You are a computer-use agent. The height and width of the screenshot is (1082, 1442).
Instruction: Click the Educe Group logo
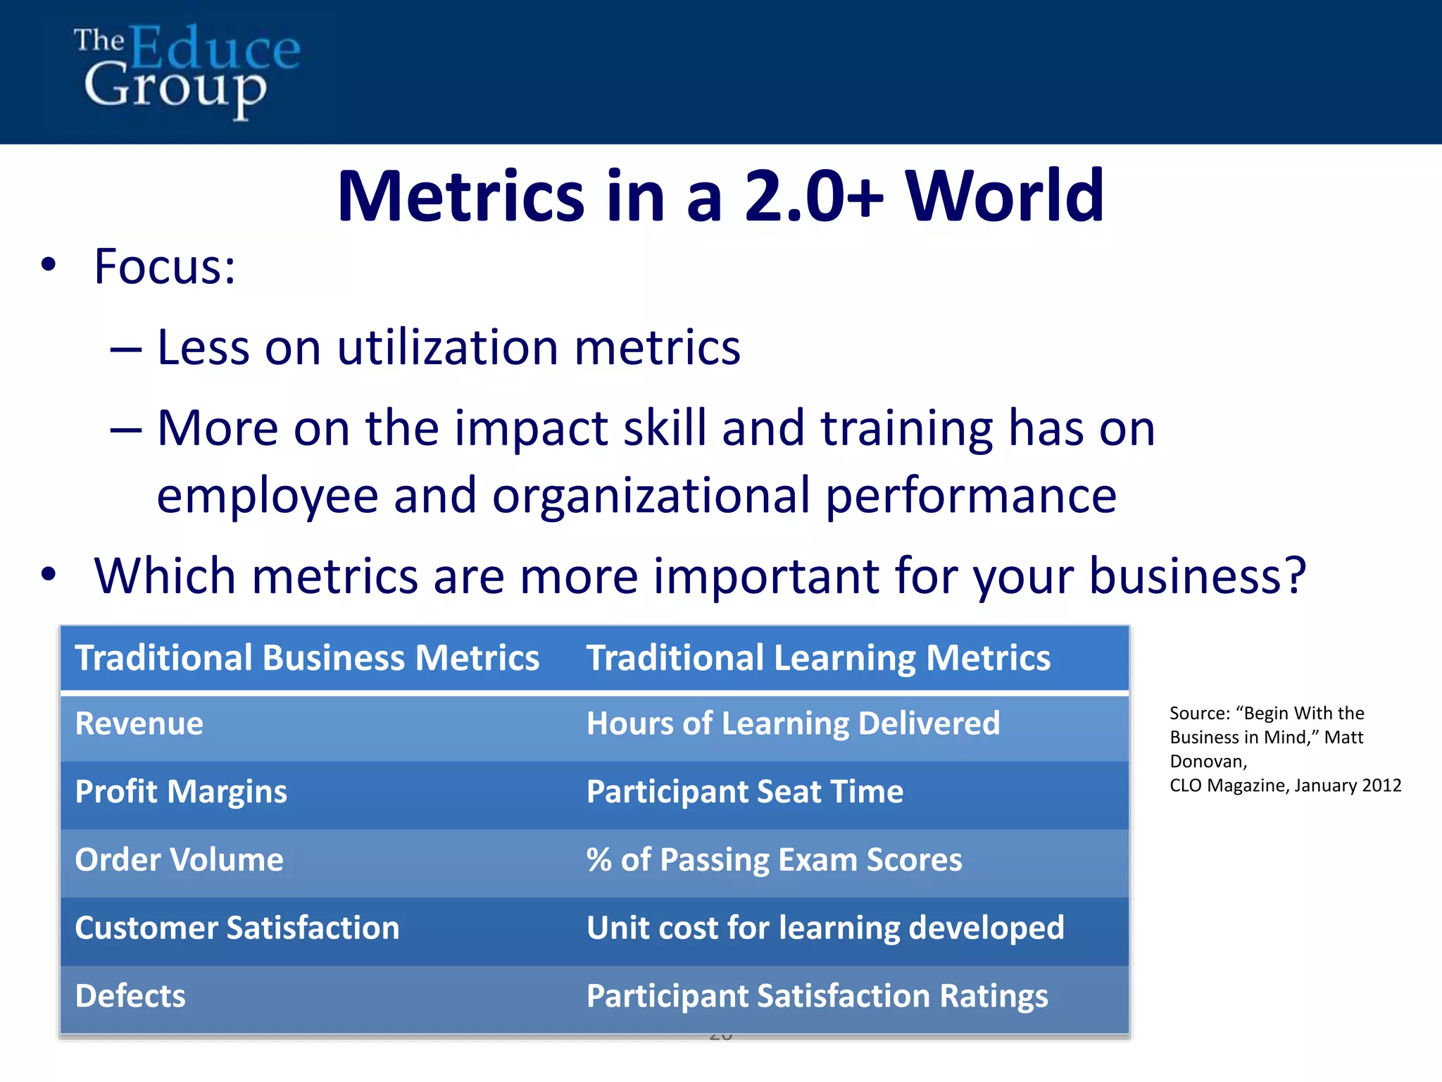pos(187,70)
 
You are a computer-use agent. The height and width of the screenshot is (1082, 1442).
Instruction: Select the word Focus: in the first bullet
pos(165,267)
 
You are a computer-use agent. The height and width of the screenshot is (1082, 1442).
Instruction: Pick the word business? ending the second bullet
pos(1198,576)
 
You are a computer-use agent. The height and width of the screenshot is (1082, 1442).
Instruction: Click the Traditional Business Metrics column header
pos(307,658)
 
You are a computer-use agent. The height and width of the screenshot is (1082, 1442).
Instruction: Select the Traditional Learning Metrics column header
pos(818,658)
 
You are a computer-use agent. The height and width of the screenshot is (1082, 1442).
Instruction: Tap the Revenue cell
pos(139,724)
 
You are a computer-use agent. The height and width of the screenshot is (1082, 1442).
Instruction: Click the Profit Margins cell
pos(181,792)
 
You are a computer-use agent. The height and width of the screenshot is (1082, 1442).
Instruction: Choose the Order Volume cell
pos(179,860)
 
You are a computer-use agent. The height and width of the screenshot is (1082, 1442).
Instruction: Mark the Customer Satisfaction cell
pos(237,928)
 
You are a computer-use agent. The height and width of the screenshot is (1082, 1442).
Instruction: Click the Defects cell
pos(130,996)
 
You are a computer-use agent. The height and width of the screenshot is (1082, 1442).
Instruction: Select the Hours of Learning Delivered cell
pos(793,724)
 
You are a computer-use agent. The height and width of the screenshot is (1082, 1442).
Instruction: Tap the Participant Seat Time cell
pos(745,792)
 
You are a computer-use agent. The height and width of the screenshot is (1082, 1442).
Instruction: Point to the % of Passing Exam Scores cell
pos(774,860)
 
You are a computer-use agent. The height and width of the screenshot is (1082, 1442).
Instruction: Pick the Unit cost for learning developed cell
pos(825,928)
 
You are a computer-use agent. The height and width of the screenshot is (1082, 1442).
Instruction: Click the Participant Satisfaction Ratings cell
pos(817,996)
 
